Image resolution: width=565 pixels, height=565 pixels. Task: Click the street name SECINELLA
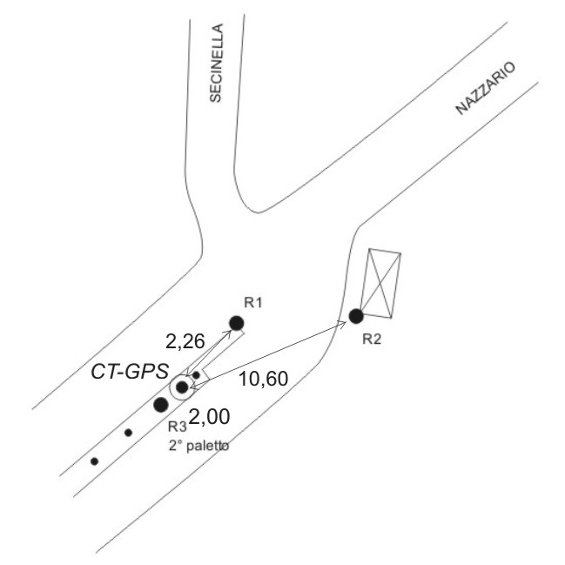pos(217,63)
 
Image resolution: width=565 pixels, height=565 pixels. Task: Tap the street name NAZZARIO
pos(486,88)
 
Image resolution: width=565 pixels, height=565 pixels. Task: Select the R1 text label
pos(253,303)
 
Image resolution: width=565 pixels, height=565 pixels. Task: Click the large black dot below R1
pos(237,323)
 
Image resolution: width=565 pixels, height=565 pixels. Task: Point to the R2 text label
pos(372,339)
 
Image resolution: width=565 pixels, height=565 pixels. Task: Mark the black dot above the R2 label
pos(356,316)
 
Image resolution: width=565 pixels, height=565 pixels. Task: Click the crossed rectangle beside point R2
pos(380,283)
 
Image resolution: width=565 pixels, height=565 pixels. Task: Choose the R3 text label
pos(178,427)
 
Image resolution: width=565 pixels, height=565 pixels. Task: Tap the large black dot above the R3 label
pos(161,405)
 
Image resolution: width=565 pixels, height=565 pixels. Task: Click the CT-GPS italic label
pos(130,372)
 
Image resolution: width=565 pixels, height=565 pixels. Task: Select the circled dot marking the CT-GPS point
pos(182,387)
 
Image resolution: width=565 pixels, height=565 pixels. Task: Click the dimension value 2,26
pos(185,341)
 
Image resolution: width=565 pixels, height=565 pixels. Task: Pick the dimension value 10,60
pos(264,379)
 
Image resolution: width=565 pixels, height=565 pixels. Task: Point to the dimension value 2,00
pos(209,417)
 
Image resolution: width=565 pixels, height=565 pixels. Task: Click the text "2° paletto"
pos(198,446)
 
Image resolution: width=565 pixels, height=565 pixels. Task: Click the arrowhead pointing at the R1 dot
pos(228,333)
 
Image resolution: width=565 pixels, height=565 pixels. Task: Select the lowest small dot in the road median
pos(94,461)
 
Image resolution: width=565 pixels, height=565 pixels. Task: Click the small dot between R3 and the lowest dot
pos(128,433)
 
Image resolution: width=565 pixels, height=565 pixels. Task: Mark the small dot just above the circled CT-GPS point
pos(196,375)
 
